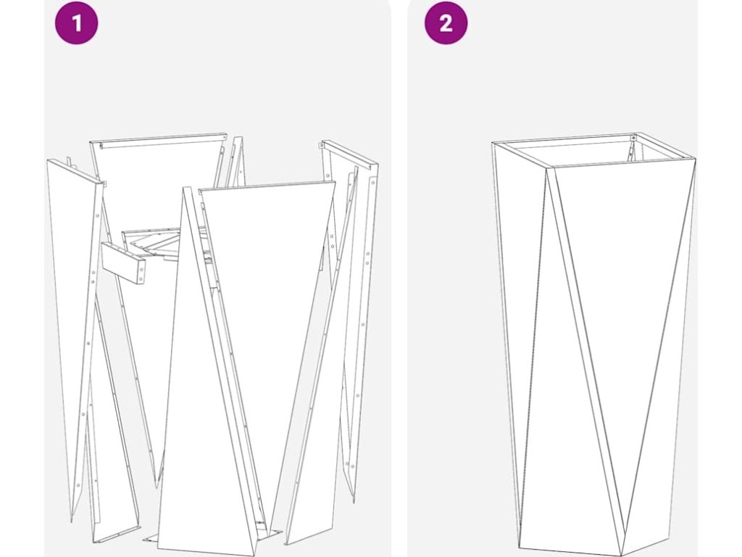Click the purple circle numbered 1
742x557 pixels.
tap(76, 22)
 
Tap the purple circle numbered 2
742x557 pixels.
tap(446, 22)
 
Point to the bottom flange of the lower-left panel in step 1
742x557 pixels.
tap(118, 533)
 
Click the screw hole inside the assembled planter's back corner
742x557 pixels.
tap(633, 139)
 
